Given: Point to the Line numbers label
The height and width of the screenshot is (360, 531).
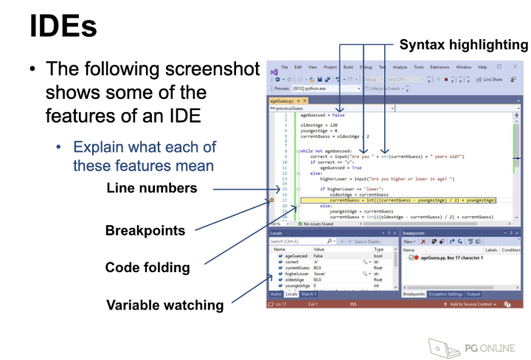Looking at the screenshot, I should [151, 188].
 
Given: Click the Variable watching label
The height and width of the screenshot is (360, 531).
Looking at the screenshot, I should [164, 305].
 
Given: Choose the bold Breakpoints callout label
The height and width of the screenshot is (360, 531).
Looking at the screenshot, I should [145, 230].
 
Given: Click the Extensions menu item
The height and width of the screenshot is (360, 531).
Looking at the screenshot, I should [440, 67].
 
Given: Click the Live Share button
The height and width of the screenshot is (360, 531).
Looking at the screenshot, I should [490, 79].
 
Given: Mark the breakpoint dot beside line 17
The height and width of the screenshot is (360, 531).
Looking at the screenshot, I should [272, 200].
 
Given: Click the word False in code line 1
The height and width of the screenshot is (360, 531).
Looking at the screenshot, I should [338, 115].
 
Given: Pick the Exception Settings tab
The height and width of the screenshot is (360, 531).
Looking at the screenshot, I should [445, 294].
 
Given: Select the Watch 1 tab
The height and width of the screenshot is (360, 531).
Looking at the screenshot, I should [308, 294].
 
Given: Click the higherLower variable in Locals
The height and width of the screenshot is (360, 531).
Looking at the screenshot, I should [292, 274].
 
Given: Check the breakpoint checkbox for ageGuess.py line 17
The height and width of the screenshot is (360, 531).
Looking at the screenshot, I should [411, 257].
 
